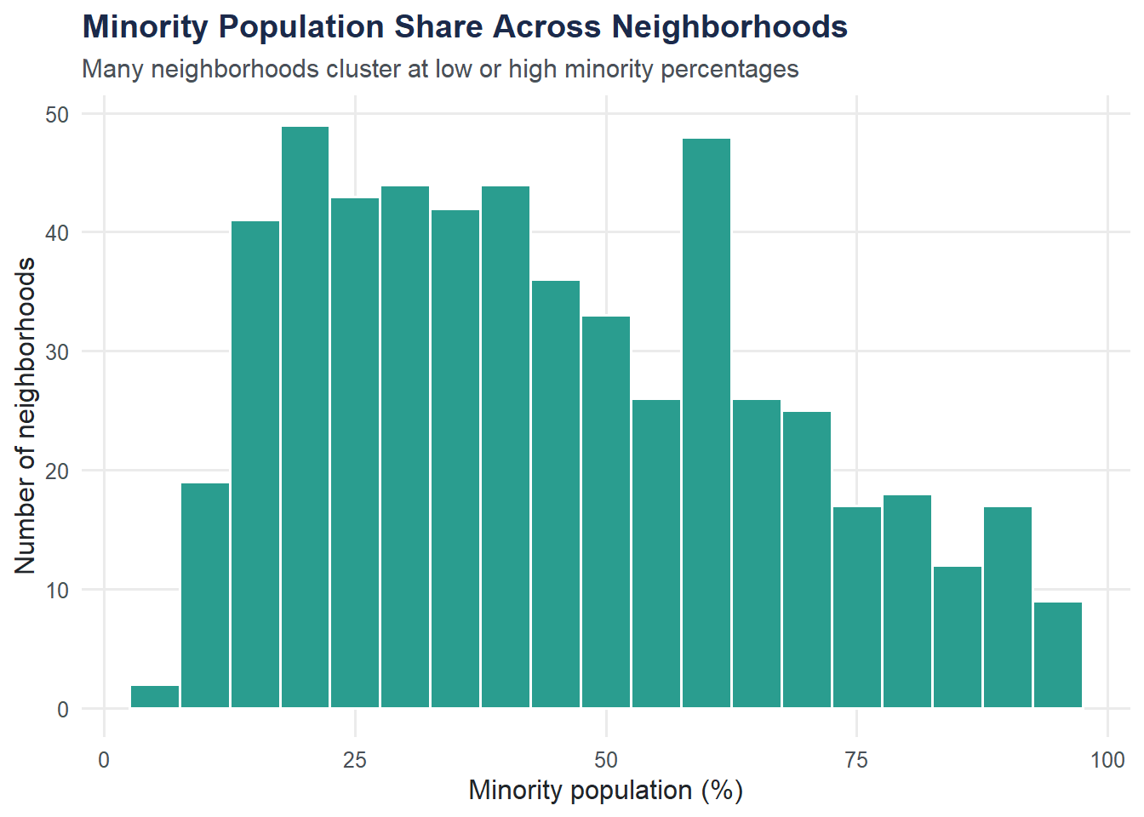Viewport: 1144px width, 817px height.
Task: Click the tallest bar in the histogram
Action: click(x=305, y=417)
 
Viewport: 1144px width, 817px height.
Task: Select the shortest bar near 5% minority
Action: click(x=155, y=697)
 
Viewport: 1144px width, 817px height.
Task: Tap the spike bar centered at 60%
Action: click(x=706, y=423)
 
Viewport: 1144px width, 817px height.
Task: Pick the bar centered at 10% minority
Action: click(x=205, y=596)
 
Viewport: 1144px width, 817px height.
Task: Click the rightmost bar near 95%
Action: click(x=1058, y=655)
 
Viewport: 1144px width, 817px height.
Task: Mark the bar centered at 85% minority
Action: click(x=958, y=637)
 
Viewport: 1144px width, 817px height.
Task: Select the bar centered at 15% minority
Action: click(x=255, y=465)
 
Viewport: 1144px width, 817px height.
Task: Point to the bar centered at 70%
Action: click(x=807, y=560)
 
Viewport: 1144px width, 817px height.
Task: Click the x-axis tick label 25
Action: click(x=355, y=760)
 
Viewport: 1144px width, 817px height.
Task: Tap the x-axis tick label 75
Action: click(x=856, y=760)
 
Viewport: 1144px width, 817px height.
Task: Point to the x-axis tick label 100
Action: click(x=1107, y=760)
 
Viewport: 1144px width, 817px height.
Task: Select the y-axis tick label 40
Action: click(x=57, y=232)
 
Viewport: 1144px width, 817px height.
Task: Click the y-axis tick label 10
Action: click(x=57, y=590)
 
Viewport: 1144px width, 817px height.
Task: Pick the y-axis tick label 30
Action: click(x=57, y=351)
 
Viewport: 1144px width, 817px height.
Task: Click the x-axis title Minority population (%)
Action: click(x=606, y=791)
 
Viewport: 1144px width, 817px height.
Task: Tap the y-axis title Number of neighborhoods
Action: click(x=26, y=415)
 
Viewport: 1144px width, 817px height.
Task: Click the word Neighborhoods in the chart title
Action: click(x=729, y=27)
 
